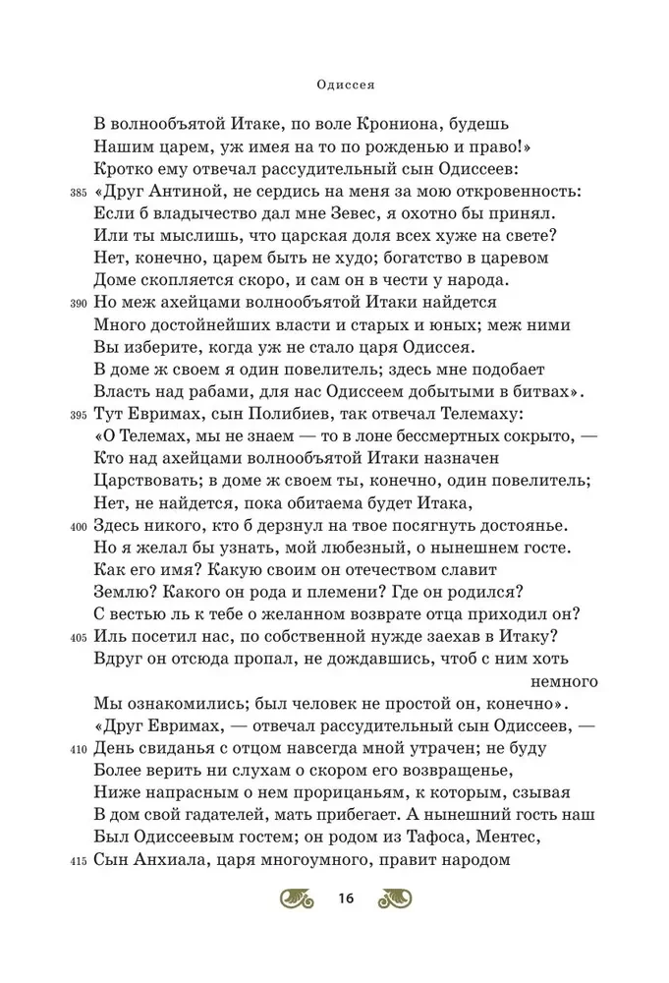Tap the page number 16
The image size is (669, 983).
[x=345, y=898]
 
